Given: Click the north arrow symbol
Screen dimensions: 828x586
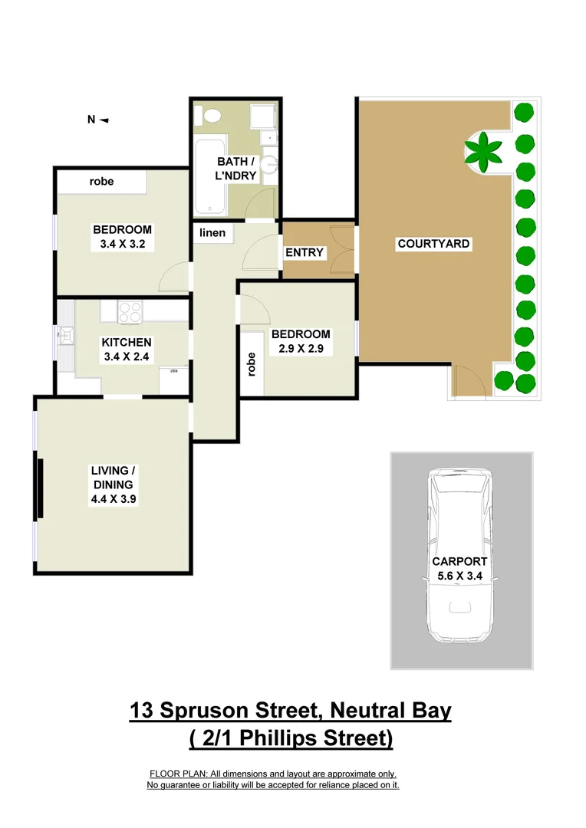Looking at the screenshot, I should pyautogui.click(x=104, y=120).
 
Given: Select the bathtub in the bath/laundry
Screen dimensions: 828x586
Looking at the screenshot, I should pyautogui.click(x=209, y=176).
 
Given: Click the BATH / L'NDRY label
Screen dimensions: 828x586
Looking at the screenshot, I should pyautogui.click(x=237, y=169).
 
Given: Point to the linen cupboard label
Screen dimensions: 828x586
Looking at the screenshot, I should pyautogui.click(x=212, y=232).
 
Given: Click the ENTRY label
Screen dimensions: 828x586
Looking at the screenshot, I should pyautogui.click(x=305, y=252).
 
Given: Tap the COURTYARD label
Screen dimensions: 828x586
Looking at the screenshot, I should pyautogui.click(x=433, y=244).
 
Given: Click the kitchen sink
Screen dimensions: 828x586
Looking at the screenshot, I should pyautogui.click(x=66, y=334).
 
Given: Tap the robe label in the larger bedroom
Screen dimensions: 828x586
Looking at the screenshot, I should pyautogui.click(x=101, y=182).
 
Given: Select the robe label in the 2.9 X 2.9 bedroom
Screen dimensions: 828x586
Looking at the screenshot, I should pyautogui.click(x=251, y=364).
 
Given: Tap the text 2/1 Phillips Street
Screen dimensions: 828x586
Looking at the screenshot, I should pyautogui.click(x=295, y=738).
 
